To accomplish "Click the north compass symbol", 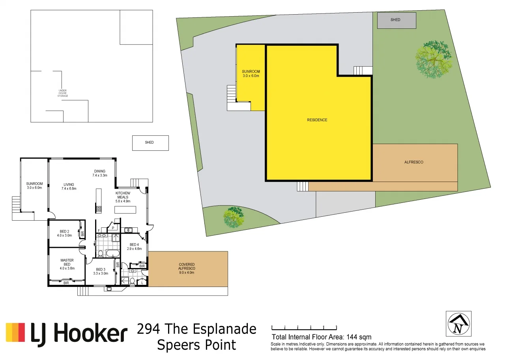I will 458,324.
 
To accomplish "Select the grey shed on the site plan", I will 397,20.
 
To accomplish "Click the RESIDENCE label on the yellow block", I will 317,120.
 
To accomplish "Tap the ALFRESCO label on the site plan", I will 414,162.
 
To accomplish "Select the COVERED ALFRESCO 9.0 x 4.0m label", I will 187,268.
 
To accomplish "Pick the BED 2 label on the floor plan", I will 64,233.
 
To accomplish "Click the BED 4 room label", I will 134,247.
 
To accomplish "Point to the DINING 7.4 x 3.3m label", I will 100,173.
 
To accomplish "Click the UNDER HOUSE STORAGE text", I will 63,93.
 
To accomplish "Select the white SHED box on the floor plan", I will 150,143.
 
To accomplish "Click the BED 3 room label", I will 101,271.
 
